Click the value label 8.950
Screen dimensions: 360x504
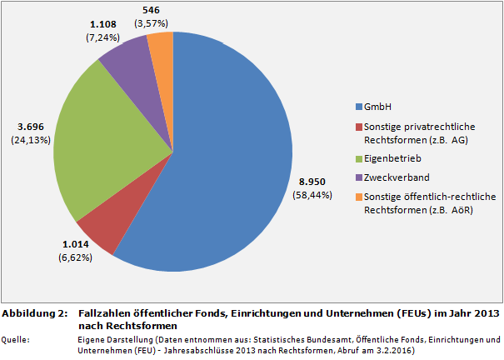click(312, 181)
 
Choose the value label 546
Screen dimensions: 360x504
click(153, 10)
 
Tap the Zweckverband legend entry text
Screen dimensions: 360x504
click(394, 177)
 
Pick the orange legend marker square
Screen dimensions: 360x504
click(358, 196)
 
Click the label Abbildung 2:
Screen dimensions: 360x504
click(34, 313)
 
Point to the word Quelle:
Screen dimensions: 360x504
click(17, 339)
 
